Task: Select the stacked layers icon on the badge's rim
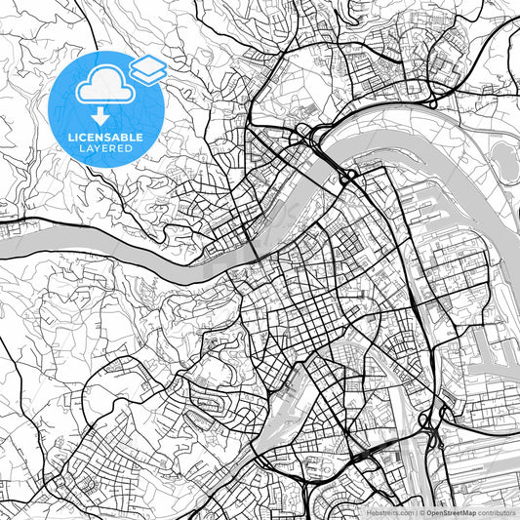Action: point(147,67)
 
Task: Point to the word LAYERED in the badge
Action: point(105,150)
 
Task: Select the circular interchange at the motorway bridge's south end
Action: point(347,178)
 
